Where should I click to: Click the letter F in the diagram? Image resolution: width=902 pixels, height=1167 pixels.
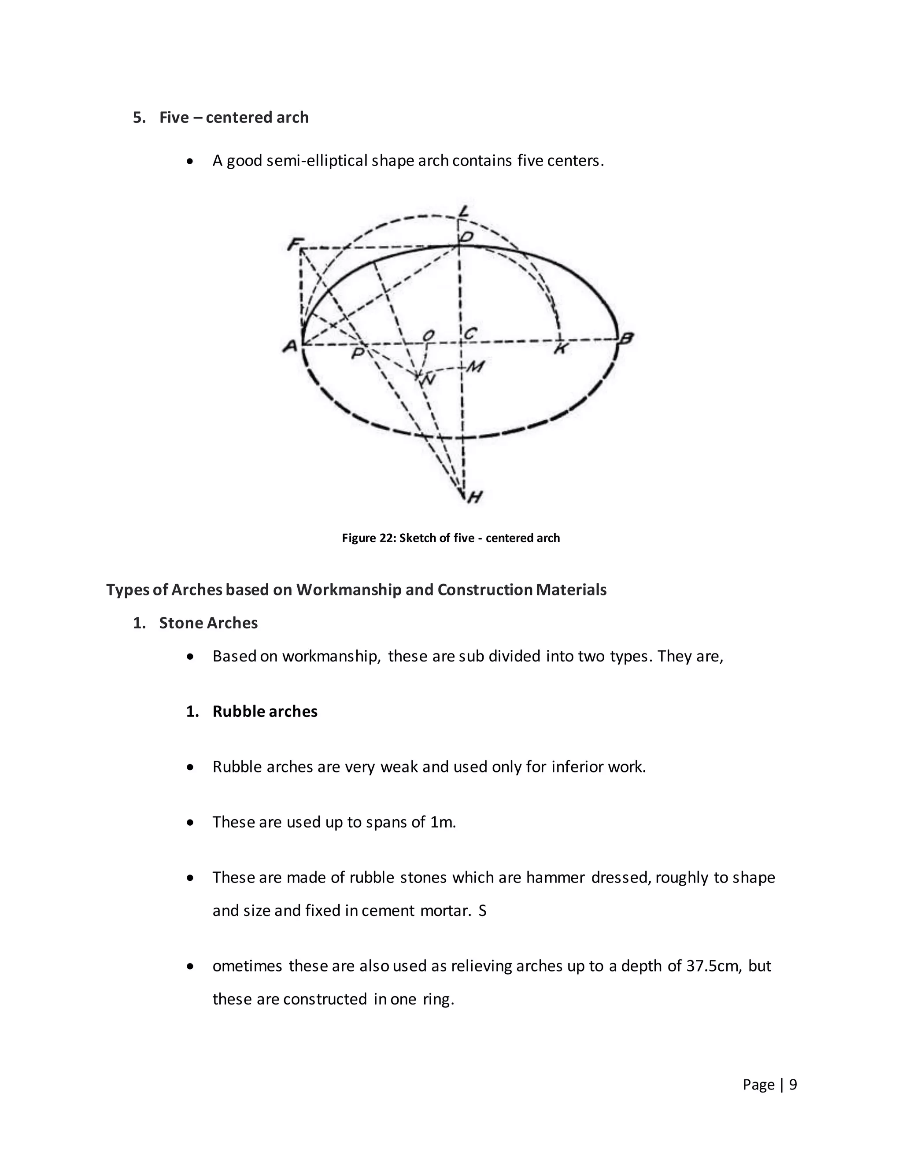pyautogui.click(x=293, y=245)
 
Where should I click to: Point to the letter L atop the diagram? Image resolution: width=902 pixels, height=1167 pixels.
pyautogui.click(x=463, y=211)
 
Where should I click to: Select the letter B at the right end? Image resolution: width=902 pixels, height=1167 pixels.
pyautogui.click(x=626, y=338)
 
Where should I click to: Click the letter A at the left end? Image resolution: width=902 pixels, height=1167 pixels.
pyautogui.click(x=290, y=346)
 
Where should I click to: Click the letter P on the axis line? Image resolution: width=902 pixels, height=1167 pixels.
pyautogui.click(x=358, y=353)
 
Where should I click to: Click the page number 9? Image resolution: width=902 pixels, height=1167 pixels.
pyautogui.click(x=793, y=1084)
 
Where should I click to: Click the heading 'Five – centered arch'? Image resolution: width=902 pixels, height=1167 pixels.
pyautogui.click(x=233, y=118)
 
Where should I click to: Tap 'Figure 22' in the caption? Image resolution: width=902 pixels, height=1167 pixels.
pyautogui.click(x=368, y=538)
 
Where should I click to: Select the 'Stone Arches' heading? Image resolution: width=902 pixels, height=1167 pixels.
pyautogui.click(x=208, y=623)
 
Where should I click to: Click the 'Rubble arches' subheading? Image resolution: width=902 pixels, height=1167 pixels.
pyautogui.click(x=265, y=712)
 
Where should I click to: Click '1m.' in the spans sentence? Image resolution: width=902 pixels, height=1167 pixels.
pyautogui.click(x=443, y=822)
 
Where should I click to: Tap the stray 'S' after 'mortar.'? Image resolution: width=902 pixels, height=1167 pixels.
pyautogui.click(x=483, y=911)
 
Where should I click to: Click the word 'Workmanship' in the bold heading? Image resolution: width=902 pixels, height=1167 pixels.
pyautogui.click(x=349, y=590)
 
